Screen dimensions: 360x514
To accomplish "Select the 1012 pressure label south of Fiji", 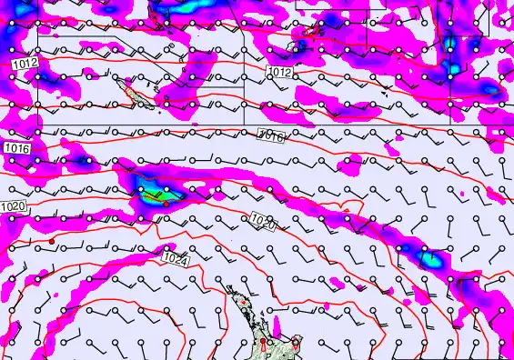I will point(279,71).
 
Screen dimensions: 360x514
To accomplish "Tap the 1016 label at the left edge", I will point(15,147).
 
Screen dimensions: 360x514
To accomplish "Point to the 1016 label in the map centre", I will point(270,135).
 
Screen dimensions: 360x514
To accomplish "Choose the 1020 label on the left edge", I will point(13,207).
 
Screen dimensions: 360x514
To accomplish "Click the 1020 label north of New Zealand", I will point(263,221).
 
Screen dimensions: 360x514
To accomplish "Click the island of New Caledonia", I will point(127,89).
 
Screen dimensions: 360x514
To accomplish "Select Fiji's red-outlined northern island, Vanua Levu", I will point(313,31).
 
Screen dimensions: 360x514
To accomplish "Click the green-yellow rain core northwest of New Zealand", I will point(156,193).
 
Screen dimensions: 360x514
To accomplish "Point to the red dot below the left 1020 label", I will point(53,240).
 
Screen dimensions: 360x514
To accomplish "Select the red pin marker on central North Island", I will point(264,344).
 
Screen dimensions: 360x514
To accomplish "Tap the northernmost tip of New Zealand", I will point(229,286).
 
